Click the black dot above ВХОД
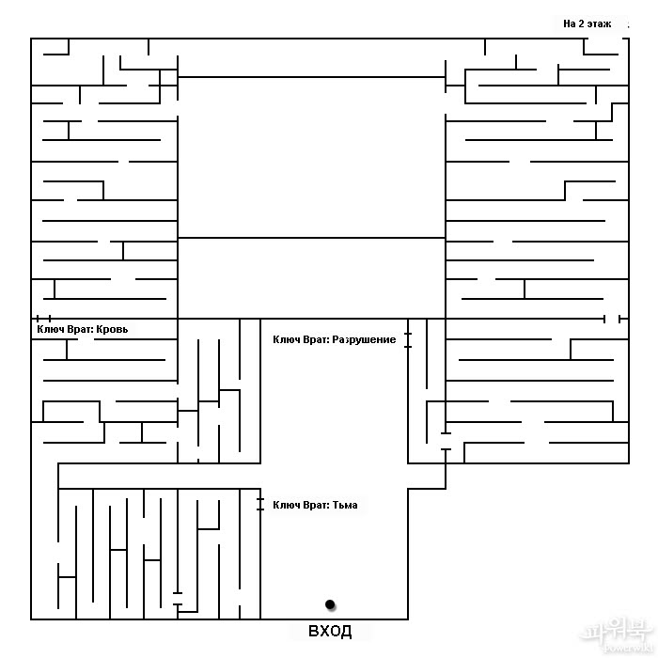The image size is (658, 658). point(330,603)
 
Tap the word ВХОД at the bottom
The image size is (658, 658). point(330,631)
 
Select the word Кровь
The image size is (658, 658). point(122,330)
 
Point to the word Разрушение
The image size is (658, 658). point(364,339)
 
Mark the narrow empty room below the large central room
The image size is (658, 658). point(311,278)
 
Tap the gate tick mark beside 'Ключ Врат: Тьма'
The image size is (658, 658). point(260,504)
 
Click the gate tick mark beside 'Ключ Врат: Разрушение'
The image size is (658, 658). point(408,339)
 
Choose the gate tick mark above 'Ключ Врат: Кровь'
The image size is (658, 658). point(43,319)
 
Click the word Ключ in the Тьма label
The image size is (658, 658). point(285,506)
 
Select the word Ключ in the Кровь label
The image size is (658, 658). point(49,330)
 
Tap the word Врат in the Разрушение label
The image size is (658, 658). point(315,339)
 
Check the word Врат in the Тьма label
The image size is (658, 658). point(315,506)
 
